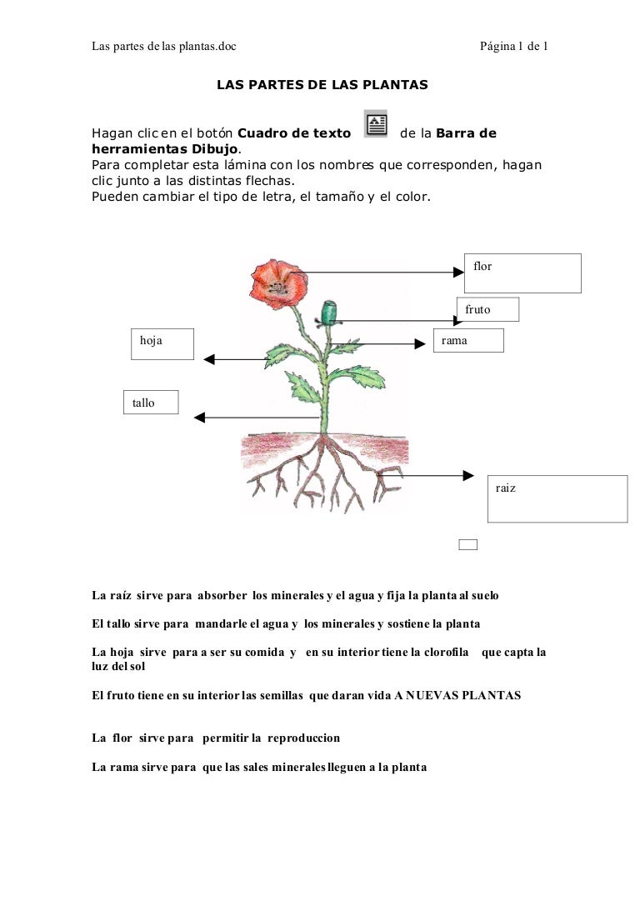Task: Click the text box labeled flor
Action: [x=522, y=273]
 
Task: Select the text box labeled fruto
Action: [x=487, y=309]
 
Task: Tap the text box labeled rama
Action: [x=469, y=340]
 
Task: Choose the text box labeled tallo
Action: [x=151, y=403]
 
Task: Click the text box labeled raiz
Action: [x=557, y=498]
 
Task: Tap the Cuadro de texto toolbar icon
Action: [x=376, y=124]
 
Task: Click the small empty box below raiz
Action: [x=468, y=545]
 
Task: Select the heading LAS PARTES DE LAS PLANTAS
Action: [x=322, y=85]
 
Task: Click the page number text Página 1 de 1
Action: [x=513, y=47]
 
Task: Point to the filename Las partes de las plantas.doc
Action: [x=163, y=47]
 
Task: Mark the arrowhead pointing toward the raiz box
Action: [x=467, y=476]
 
